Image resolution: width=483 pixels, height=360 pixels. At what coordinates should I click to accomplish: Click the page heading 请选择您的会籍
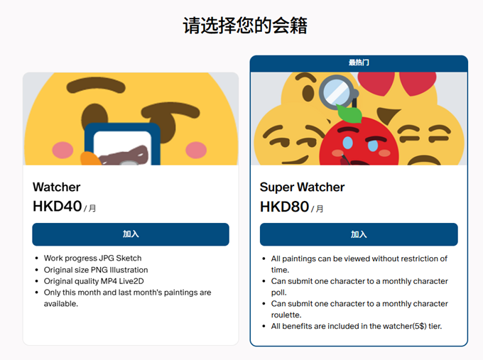pyautogui.click(x=245, y=26)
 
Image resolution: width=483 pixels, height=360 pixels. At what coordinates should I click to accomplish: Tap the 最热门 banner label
pyautogui.click(x=359, y=62)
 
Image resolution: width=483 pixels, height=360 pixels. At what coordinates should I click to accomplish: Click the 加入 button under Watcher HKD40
pyautogui.click(x=131, y=234)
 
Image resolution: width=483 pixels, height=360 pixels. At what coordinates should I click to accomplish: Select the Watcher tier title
pyautogui.click(x=56, y=187)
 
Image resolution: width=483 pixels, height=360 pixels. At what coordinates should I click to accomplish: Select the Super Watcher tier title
pyautogui.click(x=302, y=187)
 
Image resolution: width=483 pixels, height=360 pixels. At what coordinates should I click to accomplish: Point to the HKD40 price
pyautogui.click(x=58, y=207)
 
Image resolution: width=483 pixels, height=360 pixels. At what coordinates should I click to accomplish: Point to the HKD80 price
pyautogui.click(x=284, y=207)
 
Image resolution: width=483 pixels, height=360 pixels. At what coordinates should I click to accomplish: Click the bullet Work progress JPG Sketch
pyautogui.click(x=93, y=258)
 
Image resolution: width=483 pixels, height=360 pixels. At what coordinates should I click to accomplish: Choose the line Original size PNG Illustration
pyautogui.click(x=96, y=270)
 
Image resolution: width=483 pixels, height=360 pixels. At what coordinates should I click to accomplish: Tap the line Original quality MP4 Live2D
pyautogui.click(x=94, y=281)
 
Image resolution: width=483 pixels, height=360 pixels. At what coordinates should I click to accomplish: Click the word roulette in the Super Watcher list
pyautogui.click(x=286, y=315)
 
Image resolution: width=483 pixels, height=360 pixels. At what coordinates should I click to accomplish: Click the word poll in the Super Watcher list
pyautogui.click(x=278, y=293)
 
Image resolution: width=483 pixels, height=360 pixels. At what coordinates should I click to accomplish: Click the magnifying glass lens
pyautogui.click(x=337, y=92)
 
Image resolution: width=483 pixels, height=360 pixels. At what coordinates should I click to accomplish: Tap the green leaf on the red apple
pyautogui.click(x=350, y=114)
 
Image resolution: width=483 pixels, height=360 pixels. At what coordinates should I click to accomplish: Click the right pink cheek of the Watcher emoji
pyautogui.click(x=196, y=150)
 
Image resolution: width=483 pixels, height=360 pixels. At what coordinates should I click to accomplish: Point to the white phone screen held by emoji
pyautogui.click(x=122, y=148)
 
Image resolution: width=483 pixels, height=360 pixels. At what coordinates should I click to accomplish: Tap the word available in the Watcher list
pyautogui.click(x=60, y=304)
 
